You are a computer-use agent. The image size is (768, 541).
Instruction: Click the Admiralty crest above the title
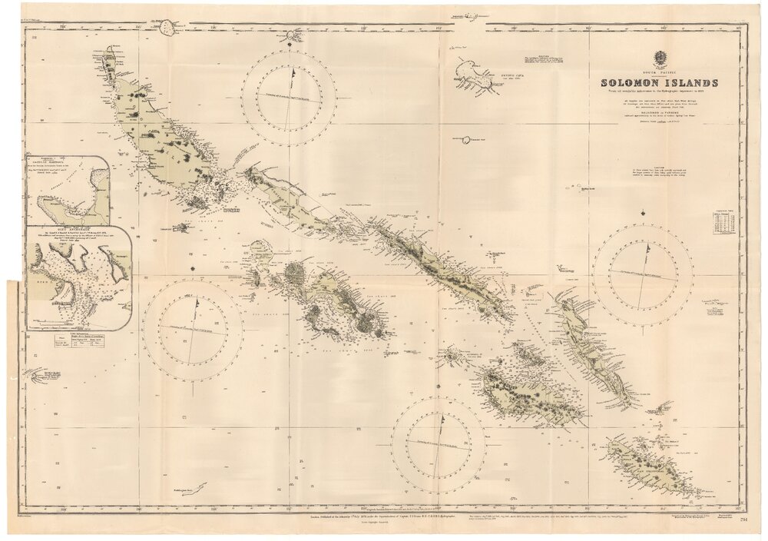tap(660, 58)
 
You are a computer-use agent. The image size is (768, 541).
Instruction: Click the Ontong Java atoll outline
tap(473, 76)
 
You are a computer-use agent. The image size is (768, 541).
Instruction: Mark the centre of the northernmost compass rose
tap(289, 98)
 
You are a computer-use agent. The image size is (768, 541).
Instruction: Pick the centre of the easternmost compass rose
tap(643, 274)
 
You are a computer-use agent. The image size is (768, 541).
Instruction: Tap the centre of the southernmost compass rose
tap(439, 445)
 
